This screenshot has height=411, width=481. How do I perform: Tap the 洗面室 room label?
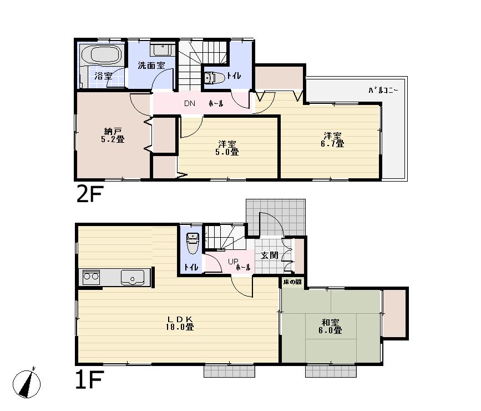pos(151,66)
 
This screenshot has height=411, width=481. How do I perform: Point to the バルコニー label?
pos(382,90)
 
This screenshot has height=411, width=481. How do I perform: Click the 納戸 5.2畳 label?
pos(113,136)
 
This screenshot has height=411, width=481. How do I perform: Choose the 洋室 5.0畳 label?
pos(227,148)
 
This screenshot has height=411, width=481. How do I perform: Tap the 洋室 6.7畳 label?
pos(333,139)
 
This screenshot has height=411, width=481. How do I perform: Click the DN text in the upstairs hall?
pos(189,104)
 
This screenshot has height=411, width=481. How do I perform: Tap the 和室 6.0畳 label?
pos(330,326)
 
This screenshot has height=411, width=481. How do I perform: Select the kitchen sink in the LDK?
pos(133,277)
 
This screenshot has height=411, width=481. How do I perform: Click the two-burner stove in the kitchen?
pos(91,276)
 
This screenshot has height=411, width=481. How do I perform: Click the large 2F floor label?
pos(89,195)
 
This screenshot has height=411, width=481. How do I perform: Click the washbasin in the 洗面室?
pos(161,49)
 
